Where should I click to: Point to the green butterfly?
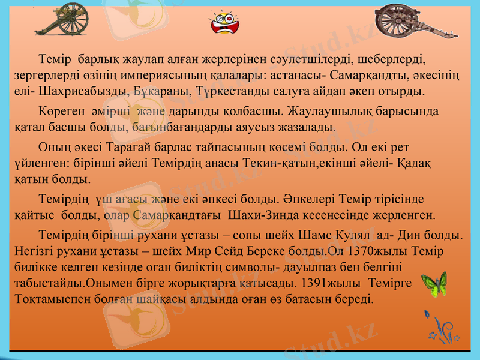tap(434, 284)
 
